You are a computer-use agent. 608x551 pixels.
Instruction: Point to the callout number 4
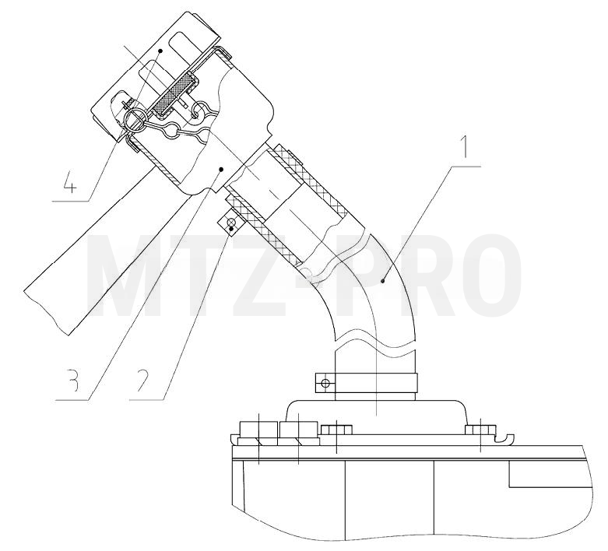coord(69,181)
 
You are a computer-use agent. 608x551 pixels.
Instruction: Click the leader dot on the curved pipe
coord(383,281)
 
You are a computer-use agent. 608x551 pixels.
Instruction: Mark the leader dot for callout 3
coord(221,169)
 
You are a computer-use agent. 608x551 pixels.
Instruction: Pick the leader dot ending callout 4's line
coord(160,51)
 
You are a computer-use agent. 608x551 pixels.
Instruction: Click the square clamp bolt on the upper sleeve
coord(230,223)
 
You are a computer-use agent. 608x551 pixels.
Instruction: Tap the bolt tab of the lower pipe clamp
coord(325,383)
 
